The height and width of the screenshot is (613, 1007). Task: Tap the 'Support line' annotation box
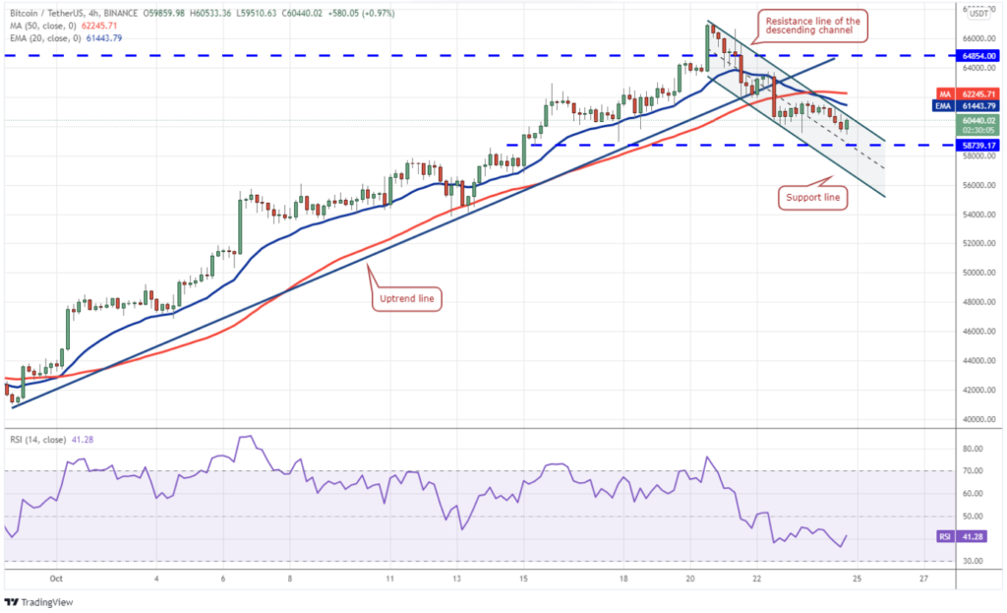(x=812, y=198)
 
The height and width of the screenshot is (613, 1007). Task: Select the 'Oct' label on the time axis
(x=56, y=579)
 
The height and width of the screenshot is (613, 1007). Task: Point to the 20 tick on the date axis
(x=690, y=579)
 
